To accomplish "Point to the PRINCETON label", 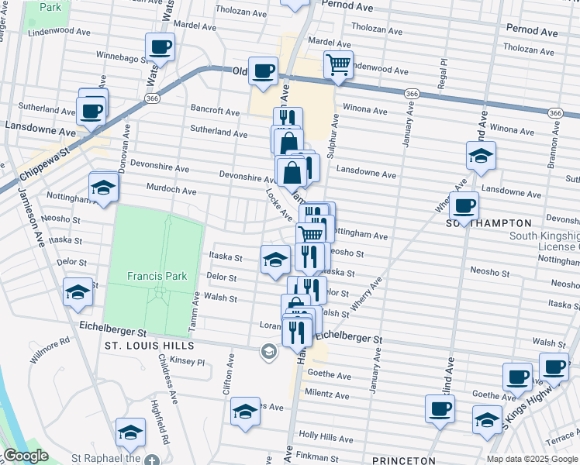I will (404, 460).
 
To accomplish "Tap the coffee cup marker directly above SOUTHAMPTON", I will (464, 207).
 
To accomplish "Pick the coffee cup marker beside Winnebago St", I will (160, 48).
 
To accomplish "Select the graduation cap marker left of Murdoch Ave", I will (103, 188).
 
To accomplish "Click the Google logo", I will (26, 456).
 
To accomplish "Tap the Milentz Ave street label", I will (328, 394).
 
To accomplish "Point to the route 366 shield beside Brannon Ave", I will (554, 112).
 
